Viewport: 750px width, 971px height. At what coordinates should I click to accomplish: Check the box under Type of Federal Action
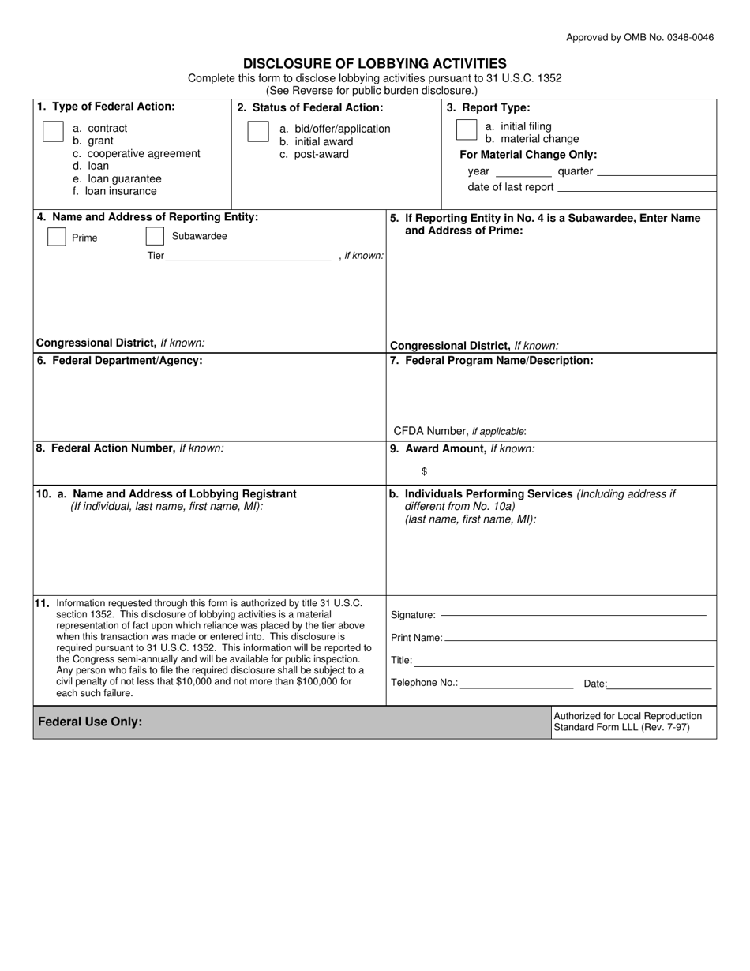point(53,132)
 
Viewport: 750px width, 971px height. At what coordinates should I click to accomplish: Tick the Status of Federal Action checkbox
point(258,132)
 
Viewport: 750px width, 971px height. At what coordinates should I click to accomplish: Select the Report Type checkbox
point(467,129)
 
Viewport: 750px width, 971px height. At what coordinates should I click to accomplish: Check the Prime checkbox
point(57,237)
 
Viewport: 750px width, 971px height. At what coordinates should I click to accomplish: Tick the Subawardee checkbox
point(155,236)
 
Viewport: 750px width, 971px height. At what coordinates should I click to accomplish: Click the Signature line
point(572,614)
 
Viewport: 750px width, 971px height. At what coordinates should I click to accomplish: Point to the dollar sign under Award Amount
point(425,471)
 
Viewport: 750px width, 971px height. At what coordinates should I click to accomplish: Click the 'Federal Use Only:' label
point(90,722)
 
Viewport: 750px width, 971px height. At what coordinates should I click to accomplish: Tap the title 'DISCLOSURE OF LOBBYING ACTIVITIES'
point(374,63)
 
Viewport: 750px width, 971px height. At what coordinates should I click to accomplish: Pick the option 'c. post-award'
point(314,154)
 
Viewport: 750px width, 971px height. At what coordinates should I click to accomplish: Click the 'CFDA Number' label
point(430,431)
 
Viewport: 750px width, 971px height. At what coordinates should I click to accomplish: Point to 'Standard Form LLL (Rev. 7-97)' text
point(621,727)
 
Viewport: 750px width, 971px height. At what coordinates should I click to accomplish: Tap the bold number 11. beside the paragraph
point(42,603)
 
